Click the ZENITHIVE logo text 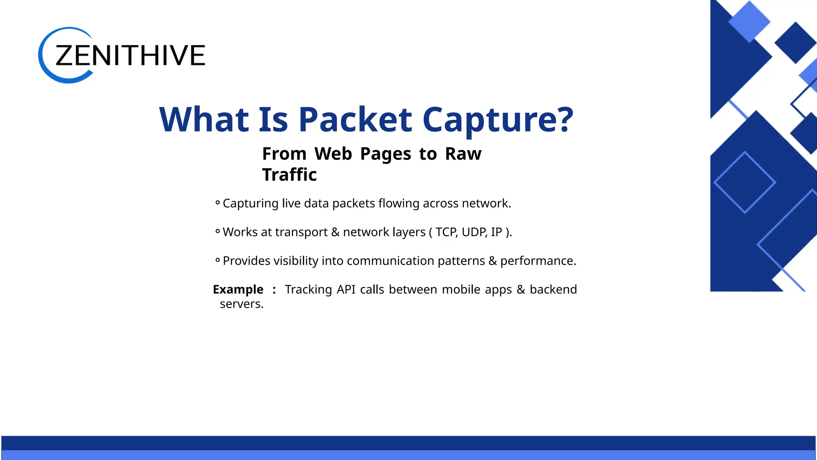pos(130,55)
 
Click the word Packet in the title pos(355,119)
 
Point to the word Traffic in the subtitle pos(289,175)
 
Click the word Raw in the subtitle pos(463,154)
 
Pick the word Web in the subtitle pos(333,154)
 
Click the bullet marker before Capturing pos(217,203)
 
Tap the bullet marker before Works pos(217,232)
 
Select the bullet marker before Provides pos(217,260)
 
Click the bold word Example pos(238,289)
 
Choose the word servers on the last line pos(242,304)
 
